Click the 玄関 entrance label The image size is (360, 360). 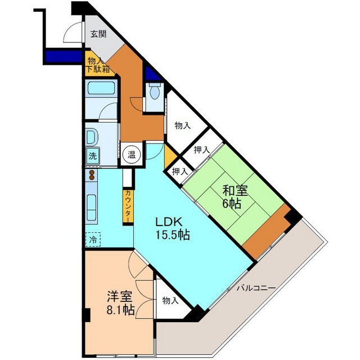[x=98, y=34]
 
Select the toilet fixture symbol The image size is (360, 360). [x=155, y=92]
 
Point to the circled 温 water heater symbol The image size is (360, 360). [x=130, y=154]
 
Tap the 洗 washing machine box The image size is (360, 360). [x=92, y=156]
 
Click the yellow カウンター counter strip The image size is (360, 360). [x=128, y=205]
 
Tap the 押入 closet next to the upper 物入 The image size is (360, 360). [x=201, y=150]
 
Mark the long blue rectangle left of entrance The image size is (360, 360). [x=64, y=57]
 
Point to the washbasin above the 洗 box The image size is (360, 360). [x=92, y=136]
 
